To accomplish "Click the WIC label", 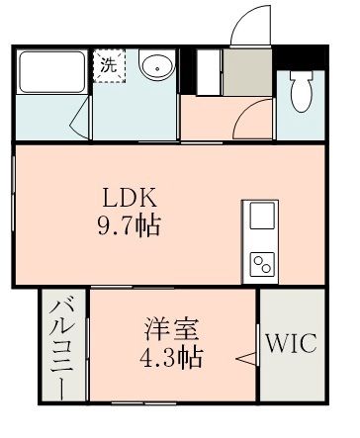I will coord(291,345).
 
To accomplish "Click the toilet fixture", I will coord(302,91).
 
